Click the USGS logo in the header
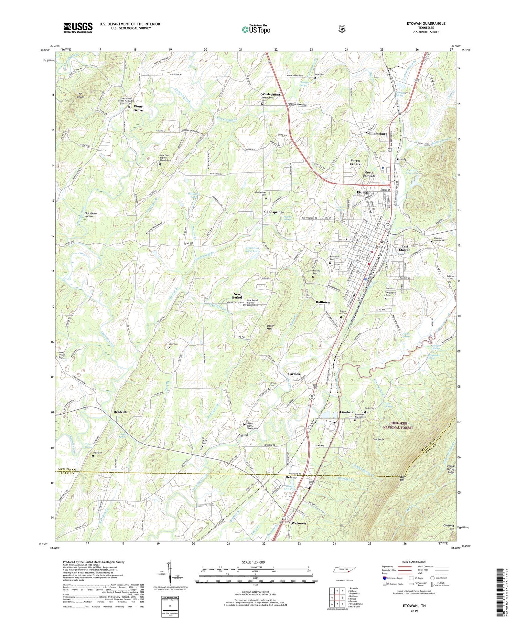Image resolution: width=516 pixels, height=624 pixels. pyautogui.click(x=78, y=28)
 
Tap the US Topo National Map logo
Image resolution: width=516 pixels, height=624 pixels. pyautogui.click(x=256, y=29)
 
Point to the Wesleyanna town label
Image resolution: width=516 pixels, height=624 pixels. pyautogui.click(x=270, y=94)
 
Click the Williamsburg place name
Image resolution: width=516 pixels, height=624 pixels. pyautogui.click(x=376, y=134)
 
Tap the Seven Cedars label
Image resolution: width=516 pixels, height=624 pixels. pyautogui.click(x=355, y=162)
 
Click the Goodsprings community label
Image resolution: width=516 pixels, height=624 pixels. pyautogui.click(x=274, y=212)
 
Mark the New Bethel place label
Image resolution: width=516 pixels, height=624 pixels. pyautogui.click(x=237, y=296)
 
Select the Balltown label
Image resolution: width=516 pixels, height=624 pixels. pyautogui.click(x=323, y=302)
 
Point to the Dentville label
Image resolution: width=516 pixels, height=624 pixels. pyautogui.click(x=120, y=412)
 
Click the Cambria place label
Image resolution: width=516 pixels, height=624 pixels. pyautogui.click(x=346, y=412)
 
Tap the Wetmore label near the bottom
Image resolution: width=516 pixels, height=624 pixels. pyautogui.click(x=298, y=523)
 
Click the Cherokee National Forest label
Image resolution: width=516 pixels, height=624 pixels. pyautogui.click(x=398, y=425)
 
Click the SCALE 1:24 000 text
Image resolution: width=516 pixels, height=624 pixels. pyautogui.click(x=255, y=562)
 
